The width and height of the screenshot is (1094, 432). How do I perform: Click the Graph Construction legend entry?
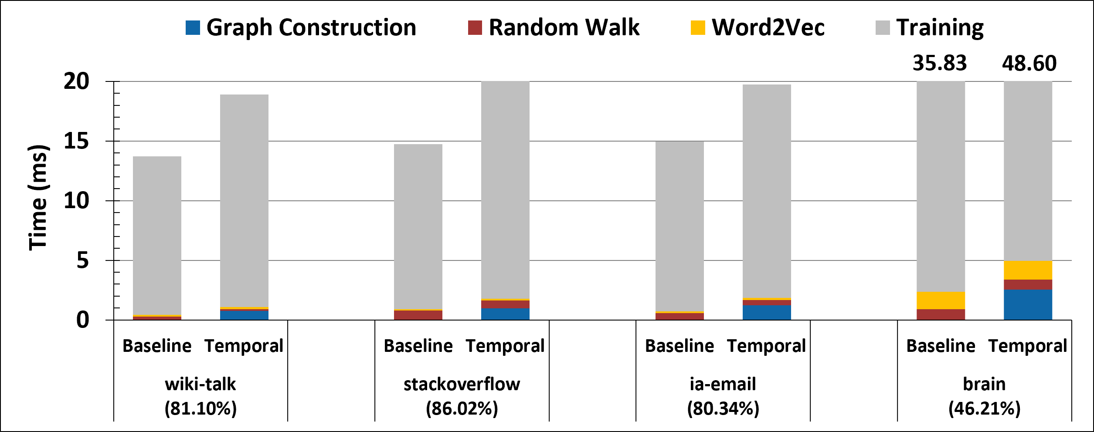(x=301, y=27)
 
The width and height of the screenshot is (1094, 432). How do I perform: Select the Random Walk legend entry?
(x=554, y=27)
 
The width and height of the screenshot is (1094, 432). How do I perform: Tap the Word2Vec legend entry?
(x=758, y=27)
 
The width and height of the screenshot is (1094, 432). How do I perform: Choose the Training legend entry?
(x=929, y=28)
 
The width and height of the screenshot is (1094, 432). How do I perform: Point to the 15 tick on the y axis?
(x=76, y=141)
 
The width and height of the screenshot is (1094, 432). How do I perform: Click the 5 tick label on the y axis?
(x=83, y=260)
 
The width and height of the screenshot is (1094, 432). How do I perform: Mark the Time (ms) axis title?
(x=38, y=198)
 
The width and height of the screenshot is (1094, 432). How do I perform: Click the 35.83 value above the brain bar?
(x=940, y=63)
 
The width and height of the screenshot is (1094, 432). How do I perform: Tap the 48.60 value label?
(x=1029, y=64)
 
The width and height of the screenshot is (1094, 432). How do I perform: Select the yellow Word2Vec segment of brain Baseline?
(x=941, y=300)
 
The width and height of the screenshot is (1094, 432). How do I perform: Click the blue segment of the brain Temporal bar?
(x=1028, y=305)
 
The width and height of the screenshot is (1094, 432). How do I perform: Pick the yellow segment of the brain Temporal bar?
(x=1028, y=270)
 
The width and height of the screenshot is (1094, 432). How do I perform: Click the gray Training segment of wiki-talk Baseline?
(x=157, y=236)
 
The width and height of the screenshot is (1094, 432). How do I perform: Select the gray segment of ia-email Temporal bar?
(x=767, y=191)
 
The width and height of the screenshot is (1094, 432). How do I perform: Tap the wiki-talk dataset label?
(x=200, y=384)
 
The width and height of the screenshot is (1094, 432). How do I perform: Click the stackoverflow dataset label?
(x=462, y=384)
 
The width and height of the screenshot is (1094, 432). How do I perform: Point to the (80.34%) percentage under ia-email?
(x=724, y=408)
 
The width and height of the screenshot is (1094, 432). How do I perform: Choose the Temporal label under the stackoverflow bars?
(x=505, y=346)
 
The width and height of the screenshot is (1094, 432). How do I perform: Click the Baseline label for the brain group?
(x=941, y=346)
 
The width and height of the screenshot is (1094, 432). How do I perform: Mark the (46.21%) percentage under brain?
(x=985, y=408)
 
